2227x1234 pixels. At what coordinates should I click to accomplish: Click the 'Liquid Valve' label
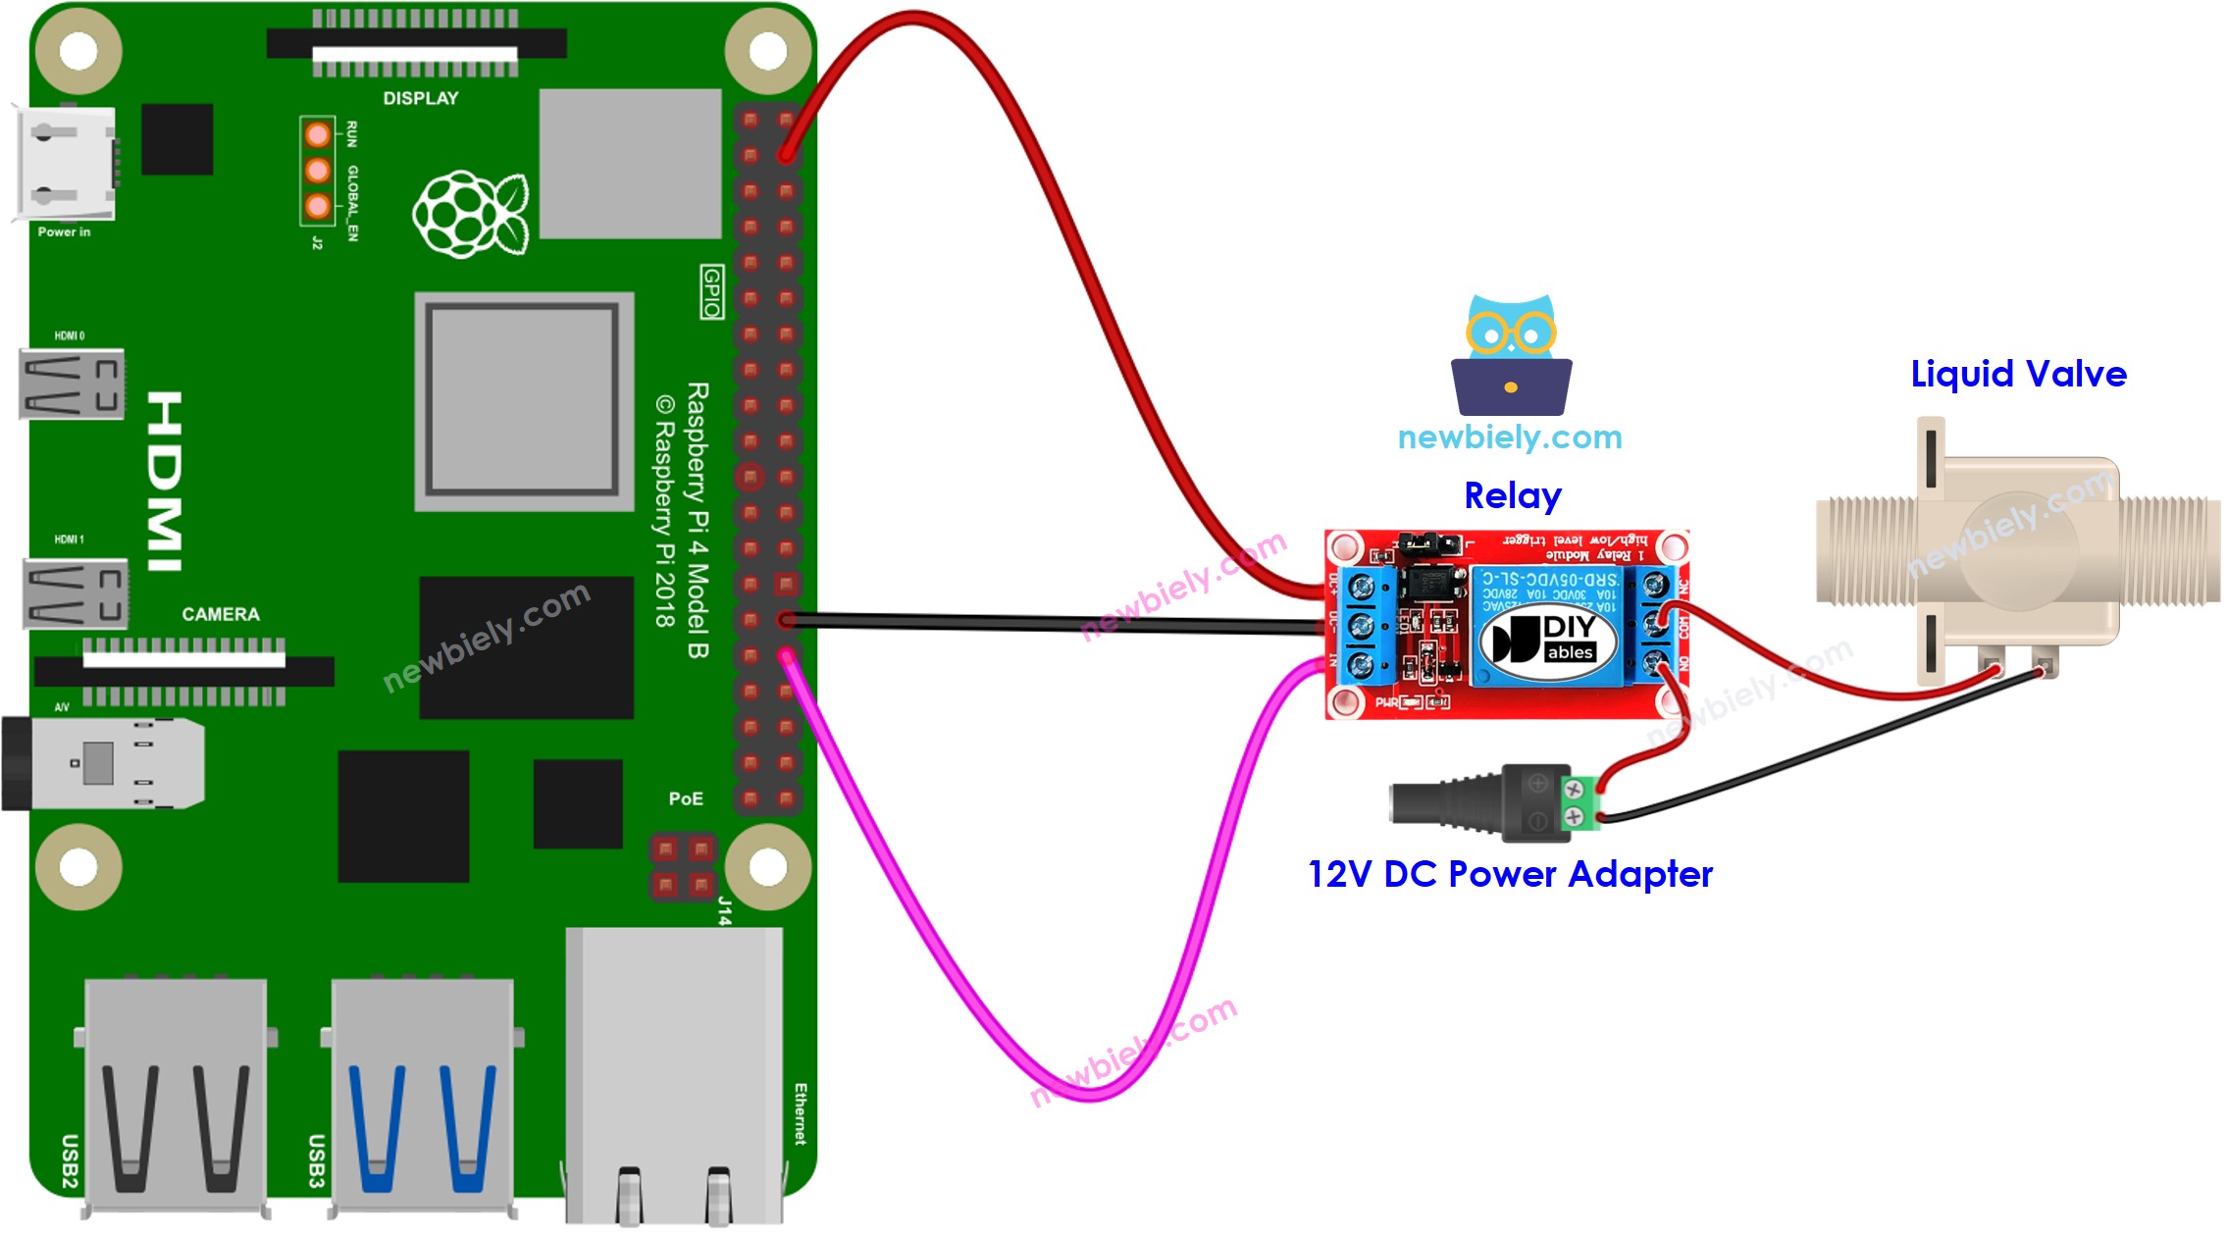click(x=2018, y=374)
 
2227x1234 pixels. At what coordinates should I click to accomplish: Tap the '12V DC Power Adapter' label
click(x=1510, y=874)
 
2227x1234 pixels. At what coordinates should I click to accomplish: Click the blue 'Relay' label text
click(x=1512, y=495)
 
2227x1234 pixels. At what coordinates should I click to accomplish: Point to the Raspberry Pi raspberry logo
click(x=470, y=214)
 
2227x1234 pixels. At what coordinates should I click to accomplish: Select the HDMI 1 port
click(x=75, y=592)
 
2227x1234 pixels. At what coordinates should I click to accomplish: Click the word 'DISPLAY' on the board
click(x=420, y=98)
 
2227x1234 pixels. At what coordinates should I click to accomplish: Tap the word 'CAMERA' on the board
click(x=220, y=614)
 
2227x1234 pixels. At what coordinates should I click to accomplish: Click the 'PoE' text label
click(x=685, y=798)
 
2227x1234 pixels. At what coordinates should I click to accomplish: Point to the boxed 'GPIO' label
click(x=711, y=291)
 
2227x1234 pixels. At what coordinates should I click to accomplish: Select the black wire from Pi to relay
click(x=1055, y=623)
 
